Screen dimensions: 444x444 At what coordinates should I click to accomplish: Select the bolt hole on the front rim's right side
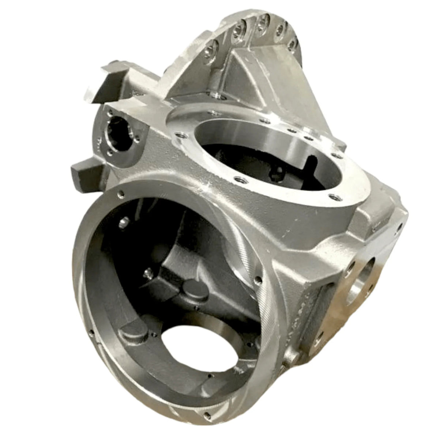click(x=259, y=280)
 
